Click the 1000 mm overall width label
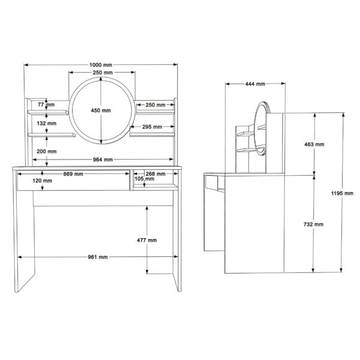101,65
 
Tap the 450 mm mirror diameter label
101,110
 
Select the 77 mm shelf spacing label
46,104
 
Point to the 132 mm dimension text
47,124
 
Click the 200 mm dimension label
47,152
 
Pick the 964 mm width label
103,160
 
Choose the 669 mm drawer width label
73,174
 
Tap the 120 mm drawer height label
42,181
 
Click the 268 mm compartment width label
155,174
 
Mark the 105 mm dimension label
145,179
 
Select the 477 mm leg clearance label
147,241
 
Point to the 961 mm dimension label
98,257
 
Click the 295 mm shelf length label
152,127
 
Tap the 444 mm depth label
255,84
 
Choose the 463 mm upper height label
314,145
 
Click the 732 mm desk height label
313,224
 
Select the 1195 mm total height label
342,193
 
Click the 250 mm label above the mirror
103,73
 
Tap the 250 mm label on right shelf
155,105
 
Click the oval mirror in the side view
256,128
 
